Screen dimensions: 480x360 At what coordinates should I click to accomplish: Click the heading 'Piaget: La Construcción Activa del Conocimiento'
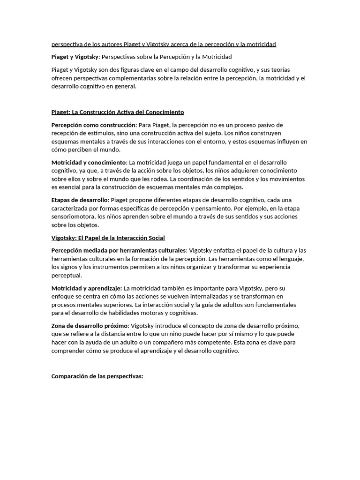[x=118, y=112]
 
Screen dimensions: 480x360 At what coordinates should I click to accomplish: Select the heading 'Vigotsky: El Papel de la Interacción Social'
[x=108, y=238]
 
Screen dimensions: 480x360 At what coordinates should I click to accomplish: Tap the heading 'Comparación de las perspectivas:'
[x=97, y=376]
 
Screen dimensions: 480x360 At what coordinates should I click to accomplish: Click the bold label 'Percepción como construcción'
[x=93, y=125]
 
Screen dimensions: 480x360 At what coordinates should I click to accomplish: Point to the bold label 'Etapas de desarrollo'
[x=80, y=200]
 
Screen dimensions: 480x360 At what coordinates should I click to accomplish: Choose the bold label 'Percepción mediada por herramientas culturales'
[x=119, y=250]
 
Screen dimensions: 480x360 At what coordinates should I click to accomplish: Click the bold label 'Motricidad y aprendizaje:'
[x=87, y=288]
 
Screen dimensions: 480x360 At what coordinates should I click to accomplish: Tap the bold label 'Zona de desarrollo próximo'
[x=89, y=326]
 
